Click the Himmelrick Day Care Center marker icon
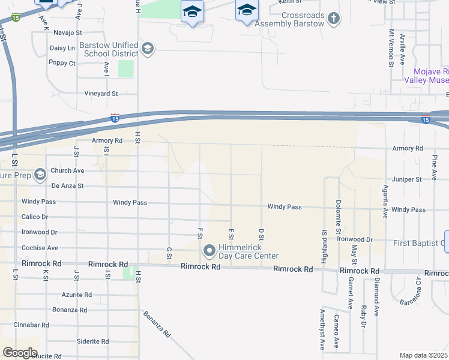point(209,250)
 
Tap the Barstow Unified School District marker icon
point(148,49)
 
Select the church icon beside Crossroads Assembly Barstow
point(334,19)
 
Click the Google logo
point(20,353)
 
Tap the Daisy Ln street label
point(62,47)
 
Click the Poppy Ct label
point(62,63)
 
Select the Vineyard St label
point(101,94)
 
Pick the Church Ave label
point(67,170)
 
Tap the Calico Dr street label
point(34,217)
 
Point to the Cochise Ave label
point(40,248)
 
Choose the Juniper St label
point(406,179)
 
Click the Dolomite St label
point(339,217)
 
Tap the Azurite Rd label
point(77,295)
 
